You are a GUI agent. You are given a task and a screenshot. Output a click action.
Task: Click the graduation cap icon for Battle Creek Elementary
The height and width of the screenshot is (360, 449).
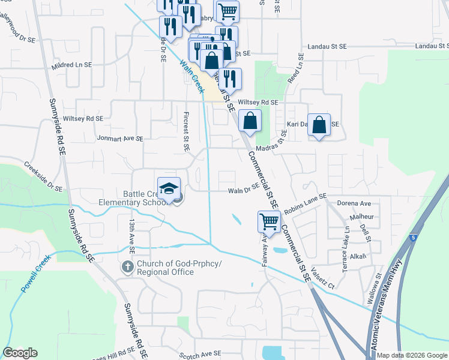[x=169, y=188]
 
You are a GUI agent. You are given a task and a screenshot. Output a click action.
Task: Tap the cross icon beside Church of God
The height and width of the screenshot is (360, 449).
[x=127, y=266]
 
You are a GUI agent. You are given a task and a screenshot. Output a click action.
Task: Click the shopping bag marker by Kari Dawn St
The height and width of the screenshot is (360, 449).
[x=319, y=125]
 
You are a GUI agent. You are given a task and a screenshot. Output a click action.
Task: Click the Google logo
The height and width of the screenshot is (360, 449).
[x=20, y=353]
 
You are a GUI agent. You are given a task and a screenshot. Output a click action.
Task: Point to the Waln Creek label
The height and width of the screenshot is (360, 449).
[x=191, y=75]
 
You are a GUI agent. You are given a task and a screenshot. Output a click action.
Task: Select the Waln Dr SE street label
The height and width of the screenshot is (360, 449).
[x=244, y=191]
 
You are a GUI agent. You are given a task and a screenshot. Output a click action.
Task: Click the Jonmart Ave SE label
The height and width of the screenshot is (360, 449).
[x=120, y=138]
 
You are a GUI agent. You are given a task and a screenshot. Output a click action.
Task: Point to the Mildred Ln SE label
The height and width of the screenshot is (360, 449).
[x=71, y=64]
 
